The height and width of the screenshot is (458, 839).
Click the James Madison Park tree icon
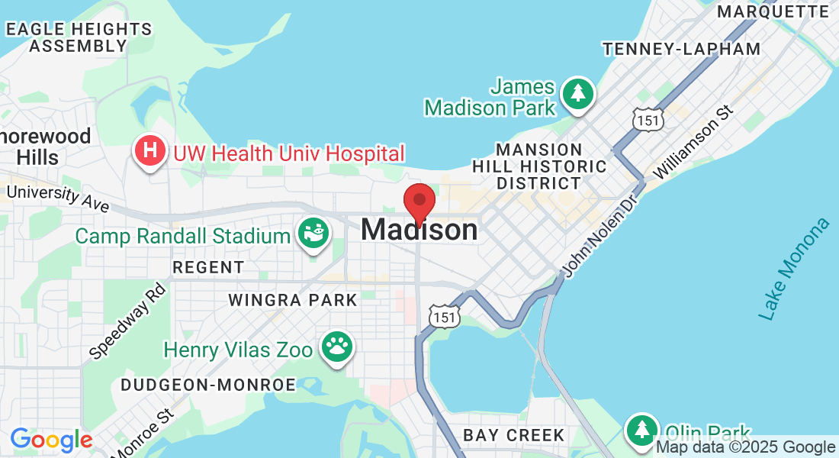point(578,94)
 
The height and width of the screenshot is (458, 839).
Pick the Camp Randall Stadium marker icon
point(312,232)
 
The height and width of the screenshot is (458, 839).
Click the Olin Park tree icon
point(642,431)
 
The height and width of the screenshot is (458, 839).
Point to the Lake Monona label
point(793,269)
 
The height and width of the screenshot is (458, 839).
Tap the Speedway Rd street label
point(127,321)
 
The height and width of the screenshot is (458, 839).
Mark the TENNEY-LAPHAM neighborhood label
point(681,49)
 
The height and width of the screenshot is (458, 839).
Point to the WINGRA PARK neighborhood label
point(293,300)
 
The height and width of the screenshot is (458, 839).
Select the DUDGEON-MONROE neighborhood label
point(207,385)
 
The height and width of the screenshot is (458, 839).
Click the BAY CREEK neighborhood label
point(514,436)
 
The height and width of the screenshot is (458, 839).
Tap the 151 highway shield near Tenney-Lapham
point(648,118)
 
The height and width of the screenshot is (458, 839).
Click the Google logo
point(51,440)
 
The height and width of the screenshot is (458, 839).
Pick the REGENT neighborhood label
point(208,267)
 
